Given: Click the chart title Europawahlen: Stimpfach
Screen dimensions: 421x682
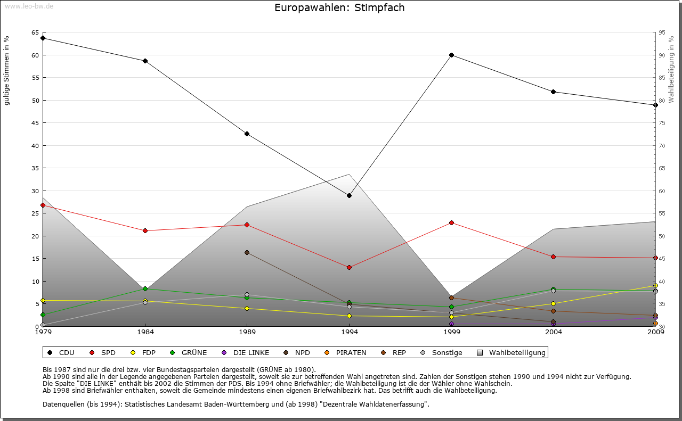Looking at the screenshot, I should [x=339, y=7].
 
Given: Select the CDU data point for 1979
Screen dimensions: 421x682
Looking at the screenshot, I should [x=43, y=38].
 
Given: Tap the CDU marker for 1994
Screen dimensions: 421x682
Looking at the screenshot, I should [x=349, y=195].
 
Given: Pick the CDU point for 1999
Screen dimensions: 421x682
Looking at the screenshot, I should [x=451, y=55].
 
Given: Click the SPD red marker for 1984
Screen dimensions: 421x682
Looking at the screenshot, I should [x=145, y=230].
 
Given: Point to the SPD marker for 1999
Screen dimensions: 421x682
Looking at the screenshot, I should [x=451, y=222].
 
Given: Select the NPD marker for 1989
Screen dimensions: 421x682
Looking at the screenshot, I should [x=247, y=252].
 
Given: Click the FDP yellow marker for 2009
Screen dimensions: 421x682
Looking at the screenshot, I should [x=655, y=286].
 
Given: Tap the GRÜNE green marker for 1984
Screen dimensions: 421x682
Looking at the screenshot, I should [x=145, y=289].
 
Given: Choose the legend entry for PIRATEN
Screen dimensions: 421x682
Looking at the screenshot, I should [x=346, y=352].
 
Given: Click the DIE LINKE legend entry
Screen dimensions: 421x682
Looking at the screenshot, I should [x=246, y=352].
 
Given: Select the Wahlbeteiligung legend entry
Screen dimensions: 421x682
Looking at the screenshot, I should [x=511, y=352].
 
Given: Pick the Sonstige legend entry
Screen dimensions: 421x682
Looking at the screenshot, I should [x=442, y=352].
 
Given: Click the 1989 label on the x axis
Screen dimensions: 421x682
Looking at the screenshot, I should [x=247, y=332].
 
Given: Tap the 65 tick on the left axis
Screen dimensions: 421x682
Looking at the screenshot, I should [x=35, y=33].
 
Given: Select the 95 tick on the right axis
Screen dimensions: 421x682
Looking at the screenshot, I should [x=662, y=33].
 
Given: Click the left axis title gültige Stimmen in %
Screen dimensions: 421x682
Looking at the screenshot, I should [x=7, y=71].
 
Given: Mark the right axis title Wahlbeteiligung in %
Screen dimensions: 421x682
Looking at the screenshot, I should [x=671, y=69].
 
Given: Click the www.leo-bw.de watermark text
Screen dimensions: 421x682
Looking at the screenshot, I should [x=29, y=6].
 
